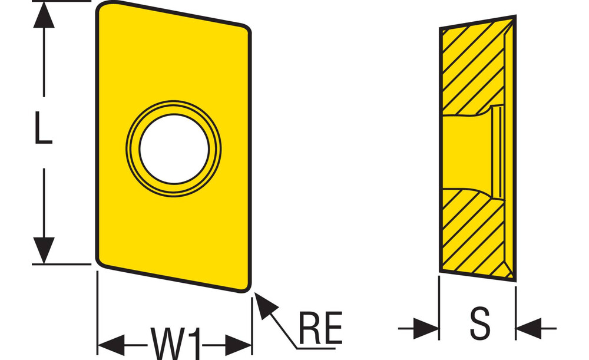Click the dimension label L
(43, 127)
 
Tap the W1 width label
(175, 343)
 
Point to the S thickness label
(480, 323)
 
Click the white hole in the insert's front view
(174, 149)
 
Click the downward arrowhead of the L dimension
(44, 250)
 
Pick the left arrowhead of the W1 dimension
(111, 345)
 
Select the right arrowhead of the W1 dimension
(239, 345)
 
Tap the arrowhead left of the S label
(426, 328)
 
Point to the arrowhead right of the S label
(529, 328)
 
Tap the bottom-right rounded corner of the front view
(246, 287)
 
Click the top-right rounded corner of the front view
(246, 30)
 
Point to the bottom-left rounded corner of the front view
(101, 262)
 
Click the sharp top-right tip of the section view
(515, 16)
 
